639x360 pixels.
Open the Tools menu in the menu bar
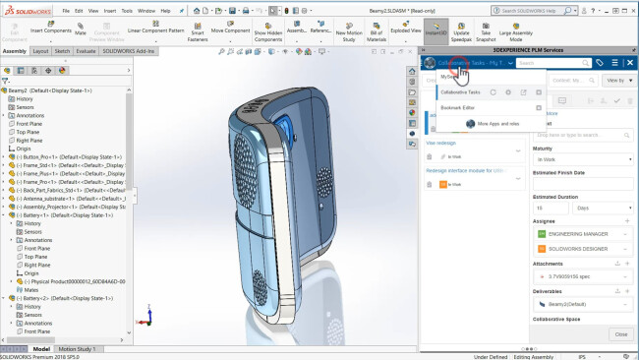[127, 10]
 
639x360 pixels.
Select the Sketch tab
[62, 50]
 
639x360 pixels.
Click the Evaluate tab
[86, 50]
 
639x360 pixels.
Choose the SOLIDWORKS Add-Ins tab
[131, 50]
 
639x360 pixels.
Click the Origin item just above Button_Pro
[25, 148]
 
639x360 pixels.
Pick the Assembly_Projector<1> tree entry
[69, 208]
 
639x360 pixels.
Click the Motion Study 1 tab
[77, 348]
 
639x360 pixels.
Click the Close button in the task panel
[620, 334]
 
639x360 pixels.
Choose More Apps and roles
[494, 123]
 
